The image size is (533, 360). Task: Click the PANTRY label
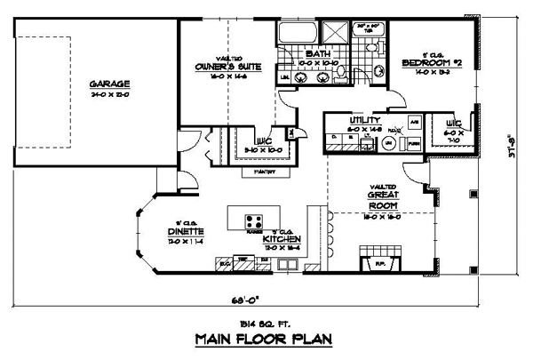[264, 171]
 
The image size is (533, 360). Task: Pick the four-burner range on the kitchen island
[253, 220]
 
